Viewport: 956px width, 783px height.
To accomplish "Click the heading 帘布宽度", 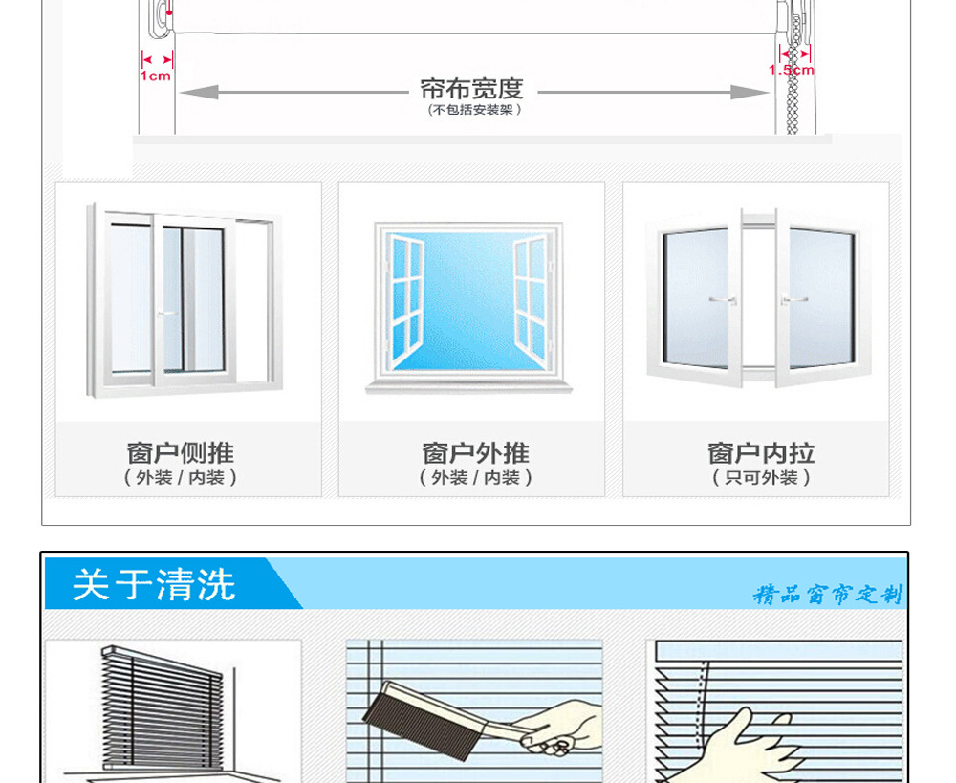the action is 472,89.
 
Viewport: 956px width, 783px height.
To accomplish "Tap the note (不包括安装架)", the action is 472,110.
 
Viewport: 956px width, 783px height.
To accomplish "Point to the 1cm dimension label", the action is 156,76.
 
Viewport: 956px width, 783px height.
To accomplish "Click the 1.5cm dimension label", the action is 792,70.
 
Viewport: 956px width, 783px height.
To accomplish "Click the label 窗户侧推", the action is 180,452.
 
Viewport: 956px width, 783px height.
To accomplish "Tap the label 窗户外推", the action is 475,452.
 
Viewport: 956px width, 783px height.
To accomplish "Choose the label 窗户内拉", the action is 761,452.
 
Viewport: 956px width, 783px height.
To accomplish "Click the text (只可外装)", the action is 761,477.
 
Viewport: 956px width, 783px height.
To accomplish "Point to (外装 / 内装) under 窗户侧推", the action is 180,477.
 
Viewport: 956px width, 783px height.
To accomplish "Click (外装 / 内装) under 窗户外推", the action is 475,477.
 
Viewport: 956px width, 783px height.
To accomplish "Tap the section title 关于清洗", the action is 154,585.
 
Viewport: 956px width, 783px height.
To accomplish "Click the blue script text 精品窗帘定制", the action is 827,595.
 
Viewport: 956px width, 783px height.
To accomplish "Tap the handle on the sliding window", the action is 166,313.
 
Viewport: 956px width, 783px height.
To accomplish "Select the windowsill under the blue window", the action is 469,387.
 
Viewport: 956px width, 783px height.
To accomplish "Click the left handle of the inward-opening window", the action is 722,300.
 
